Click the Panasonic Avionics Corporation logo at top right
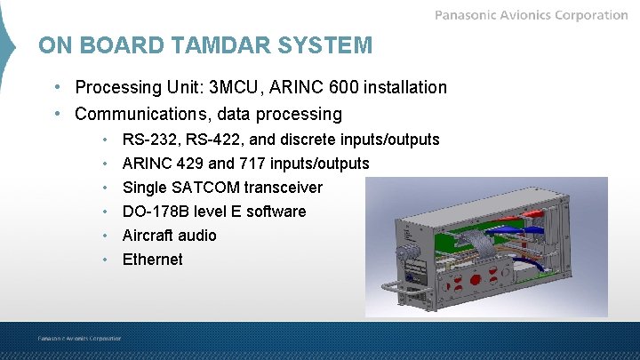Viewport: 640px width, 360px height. coord(531,15)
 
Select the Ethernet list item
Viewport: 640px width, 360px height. coord(152,260)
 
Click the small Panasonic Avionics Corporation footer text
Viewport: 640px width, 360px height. coord(79,338)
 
